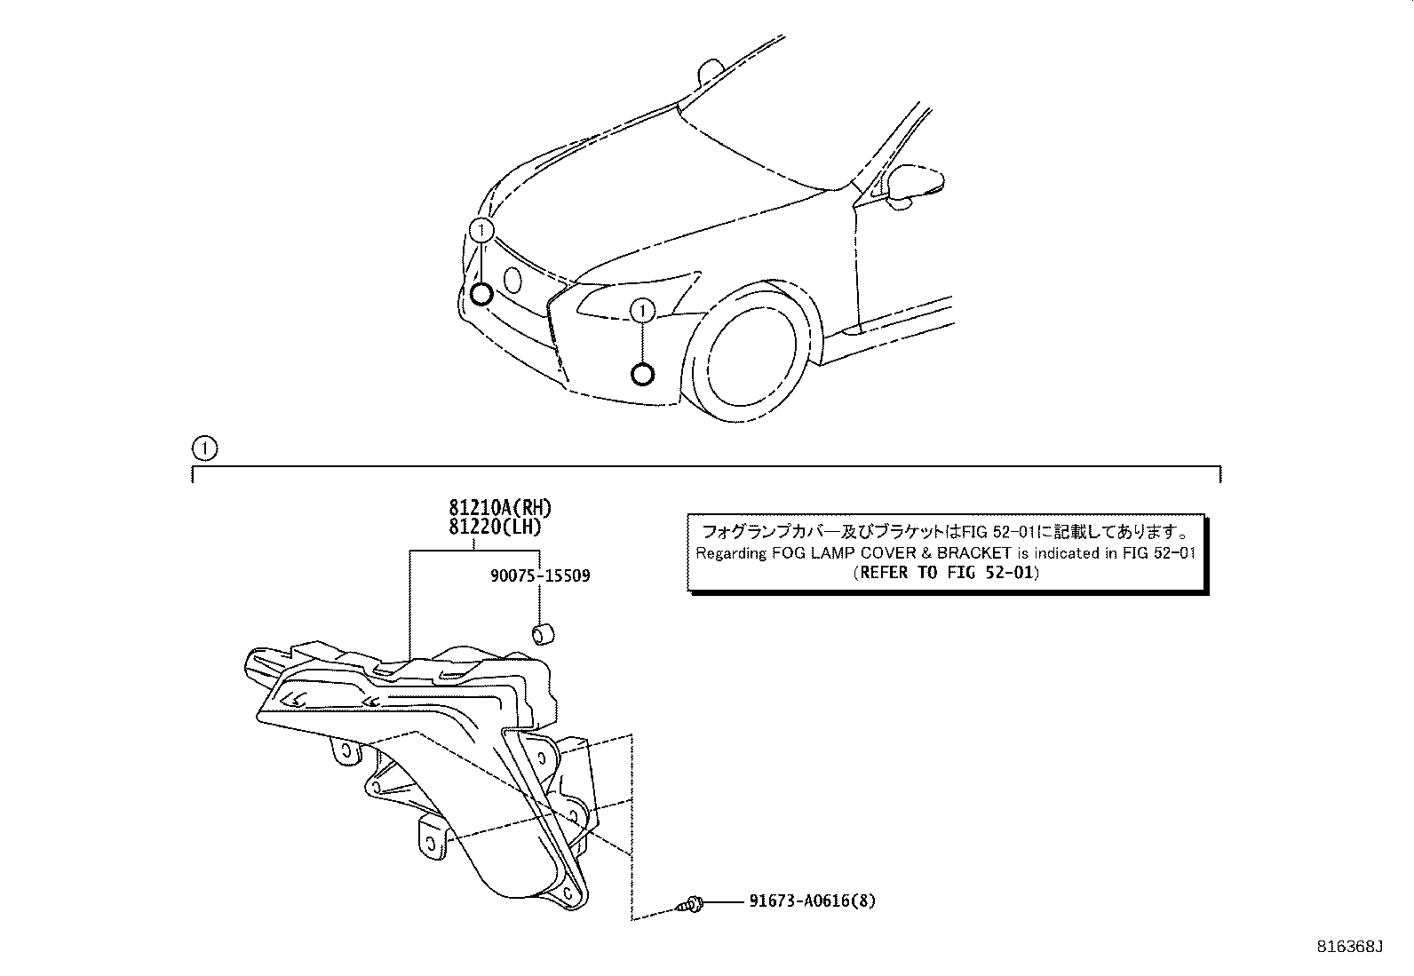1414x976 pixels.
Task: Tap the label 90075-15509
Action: pyautogui.click(x=539, y=576)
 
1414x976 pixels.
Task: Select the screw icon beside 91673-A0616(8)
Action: pyautogui.click(x=690, y=904)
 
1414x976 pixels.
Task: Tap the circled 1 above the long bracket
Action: pyautogui.click(x=204, y=448)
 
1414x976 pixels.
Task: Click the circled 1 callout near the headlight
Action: pyautogui.click(x=642, y=310)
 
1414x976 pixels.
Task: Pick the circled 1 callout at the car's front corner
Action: pyautogui.click(x=481, y=231)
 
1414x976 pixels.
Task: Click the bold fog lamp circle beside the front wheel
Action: pyautogui.click(x=642, y=374)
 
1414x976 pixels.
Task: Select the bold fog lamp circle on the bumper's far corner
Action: pyautogui.click(x=481, y=294)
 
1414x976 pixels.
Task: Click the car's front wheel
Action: pyautogui.click(x=751, y=355)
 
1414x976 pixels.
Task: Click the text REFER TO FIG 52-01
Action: pyautogui.click(x=947, y=573)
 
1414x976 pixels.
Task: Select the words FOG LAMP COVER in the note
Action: pyautogui.click(x=825, y=553)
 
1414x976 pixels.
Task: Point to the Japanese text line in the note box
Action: pyautogui.click(x=947, y=532)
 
